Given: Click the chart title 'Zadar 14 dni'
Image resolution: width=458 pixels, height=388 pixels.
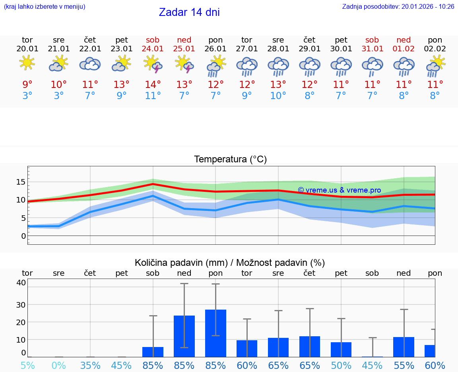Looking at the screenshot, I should [189, 12].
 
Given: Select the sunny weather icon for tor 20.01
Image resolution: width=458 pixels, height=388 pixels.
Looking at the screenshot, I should [27, 63].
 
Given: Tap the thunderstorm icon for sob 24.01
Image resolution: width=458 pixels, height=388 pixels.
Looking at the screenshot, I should [153, 64].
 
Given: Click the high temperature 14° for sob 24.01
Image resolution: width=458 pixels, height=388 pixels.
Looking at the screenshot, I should [153, 84].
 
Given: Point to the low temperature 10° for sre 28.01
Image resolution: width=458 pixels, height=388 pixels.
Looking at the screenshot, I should [278, 96].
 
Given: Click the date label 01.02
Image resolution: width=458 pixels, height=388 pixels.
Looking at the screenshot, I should [404, 49].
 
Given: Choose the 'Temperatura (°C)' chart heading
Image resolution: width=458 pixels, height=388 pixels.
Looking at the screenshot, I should [230, 159].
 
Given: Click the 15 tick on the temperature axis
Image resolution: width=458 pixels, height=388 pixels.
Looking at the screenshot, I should [21, 182].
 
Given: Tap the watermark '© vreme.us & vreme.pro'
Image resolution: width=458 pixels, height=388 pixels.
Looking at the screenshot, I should [339, 190].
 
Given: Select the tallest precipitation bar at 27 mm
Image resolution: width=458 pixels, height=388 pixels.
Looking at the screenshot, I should [215, 333].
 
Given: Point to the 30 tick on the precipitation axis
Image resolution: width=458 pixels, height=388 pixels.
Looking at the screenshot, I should [21, 304].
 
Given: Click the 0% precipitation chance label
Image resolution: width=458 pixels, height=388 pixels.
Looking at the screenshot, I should [58, 365].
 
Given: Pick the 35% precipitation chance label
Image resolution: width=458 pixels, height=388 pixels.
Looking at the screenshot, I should [90, 365].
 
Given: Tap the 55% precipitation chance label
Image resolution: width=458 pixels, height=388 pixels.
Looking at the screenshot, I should [404, 365].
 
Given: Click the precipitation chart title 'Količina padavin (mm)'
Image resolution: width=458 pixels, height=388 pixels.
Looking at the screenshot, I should [181, 263].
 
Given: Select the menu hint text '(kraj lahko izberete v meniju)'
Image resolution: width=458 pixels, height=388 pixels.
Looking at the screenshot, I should [45, 6].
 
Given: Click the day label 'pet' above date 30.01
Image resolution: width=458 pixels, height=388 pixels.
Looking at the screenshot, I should [341, 40].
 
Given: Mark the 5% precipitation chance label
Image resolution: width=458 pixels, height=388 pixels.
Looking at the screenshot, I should [27, 365].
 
